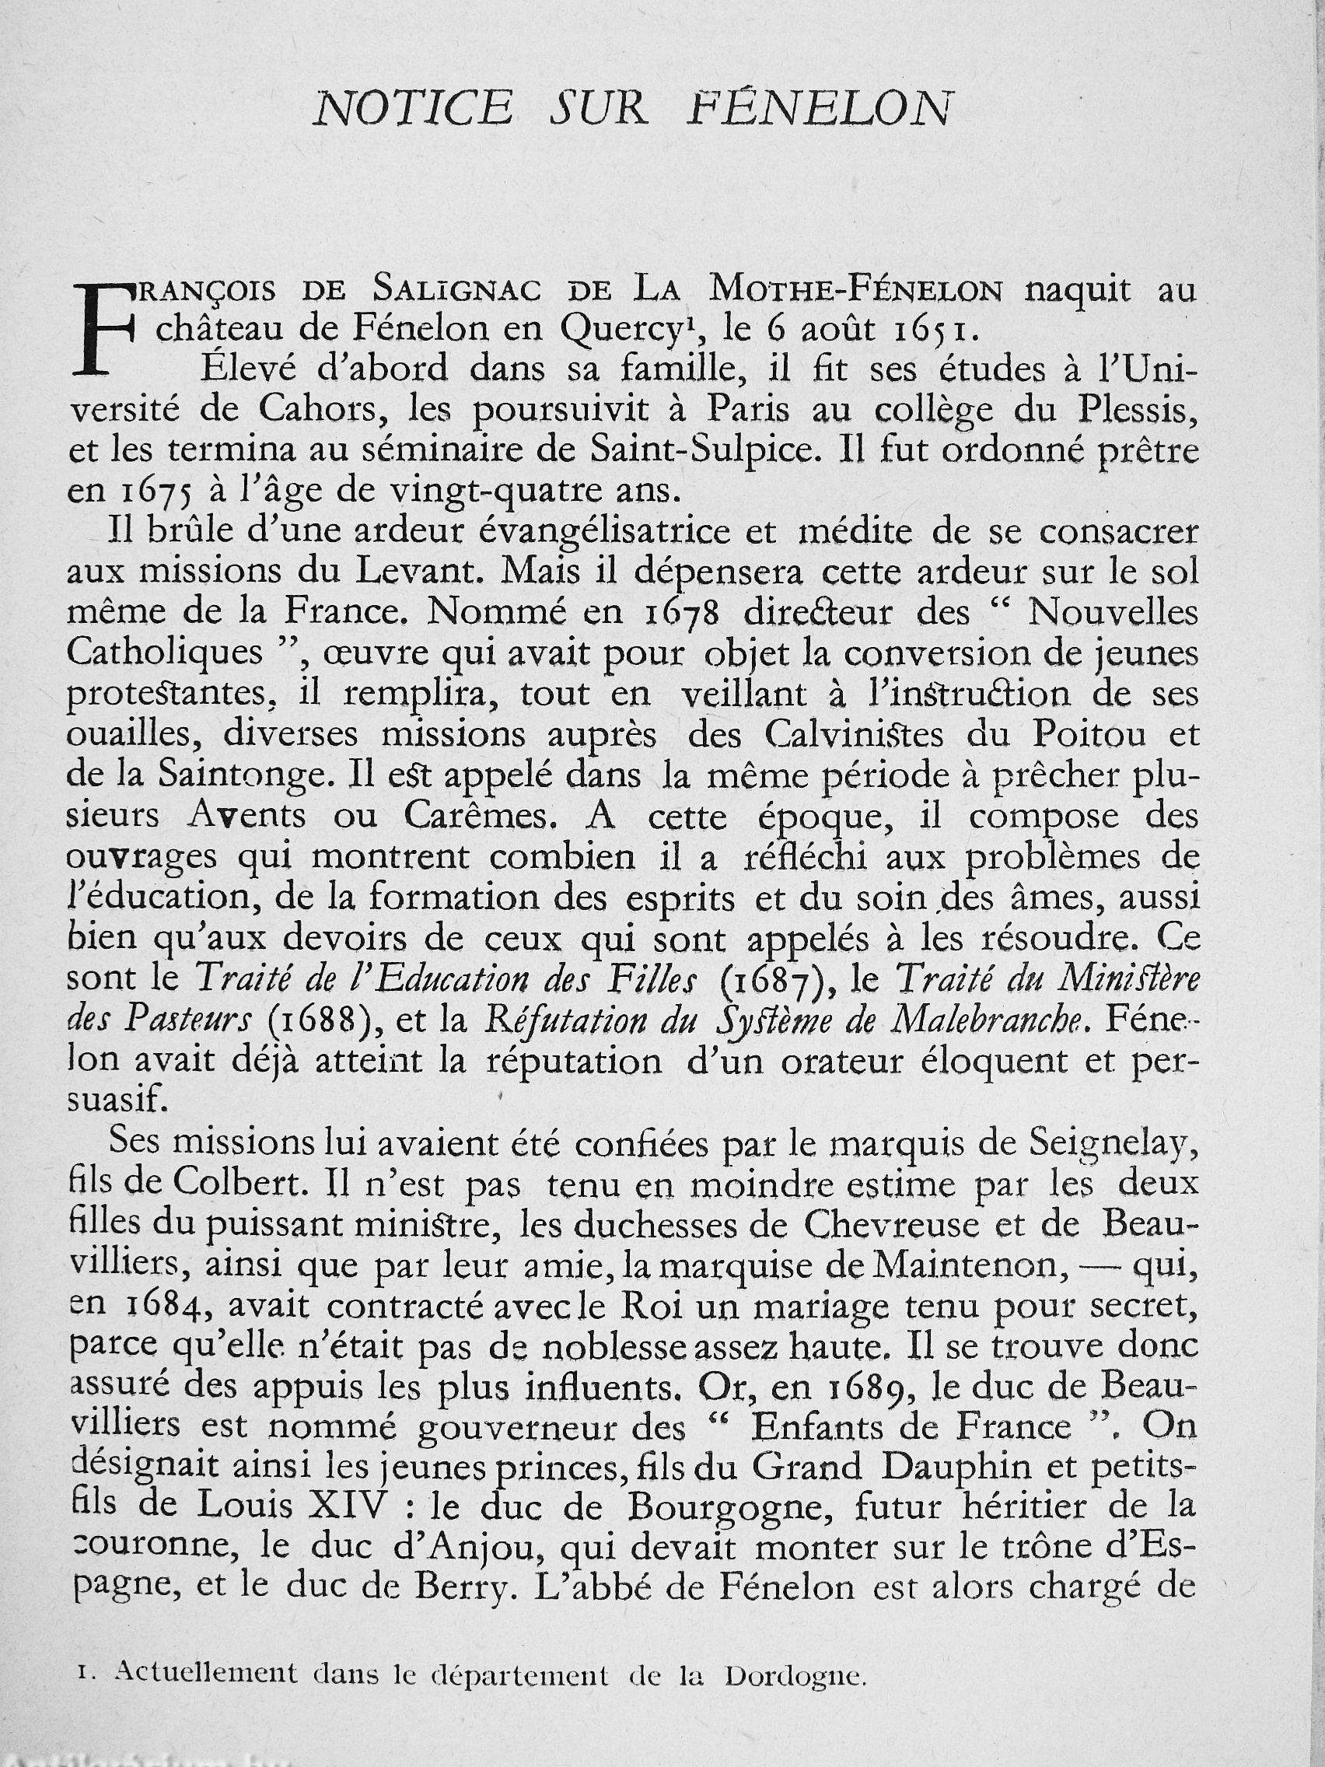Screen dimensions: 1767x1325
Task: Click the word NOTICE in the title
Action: pyautogui.click(x=412, y=110)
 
